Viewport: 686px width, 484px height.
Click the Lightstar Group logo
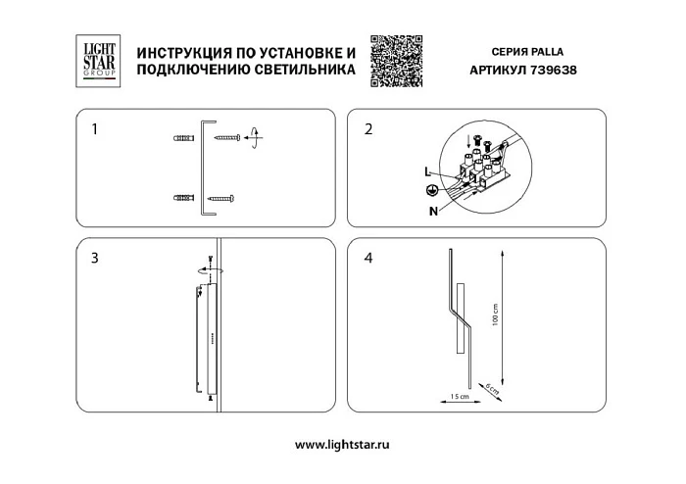tap(96, 62)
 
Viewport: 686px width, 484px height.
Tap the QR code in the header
tap(398, 62)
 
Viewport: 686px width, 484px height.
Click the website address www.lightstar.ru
tap(342, 444)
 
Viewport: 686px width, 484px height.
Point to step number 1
tap(94, 129)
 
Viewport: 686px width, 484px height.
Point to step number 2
tap(368, 129)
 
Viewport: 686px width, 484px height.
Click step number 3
tap(94, 259)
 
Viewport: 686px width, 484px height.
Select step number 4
tap(368, 259)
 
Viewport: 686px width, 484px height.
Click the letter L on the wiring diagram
tap(427, 172)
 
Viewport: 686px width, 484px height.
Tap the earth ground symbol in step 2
tap(431, 190)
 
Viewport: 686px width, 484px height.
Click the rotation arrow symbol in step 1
tap(254, 137)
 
